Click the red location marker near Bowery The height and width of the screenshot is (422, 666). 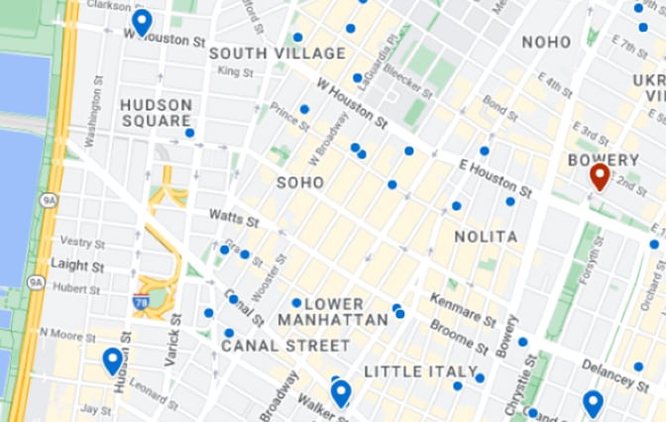(x=599, y=177)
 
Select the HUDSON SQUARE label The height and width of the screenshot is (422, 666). (x=156, y=112)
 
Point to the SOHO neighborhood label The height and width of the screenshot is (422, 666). (x=300, y=182)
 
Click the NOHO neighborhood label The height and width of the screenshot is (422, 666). (x=546, y=42)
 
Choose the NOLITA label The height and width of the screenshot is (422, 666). (x=486, y=237)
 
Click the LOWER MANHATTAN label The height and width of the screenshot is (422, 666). (x=333, y=311)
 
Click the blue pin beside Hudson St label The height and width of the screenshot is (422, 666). (x=112, y=361)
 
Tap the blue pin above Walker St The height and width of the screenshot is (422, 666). (x=341, y=393)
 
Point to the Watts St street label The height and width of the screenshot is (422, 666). (x=233, y=216)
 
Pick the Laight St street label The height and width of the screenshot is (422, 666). (x=78, y=265)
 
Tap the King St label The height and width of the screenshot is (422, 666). (x=235, y=71)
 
